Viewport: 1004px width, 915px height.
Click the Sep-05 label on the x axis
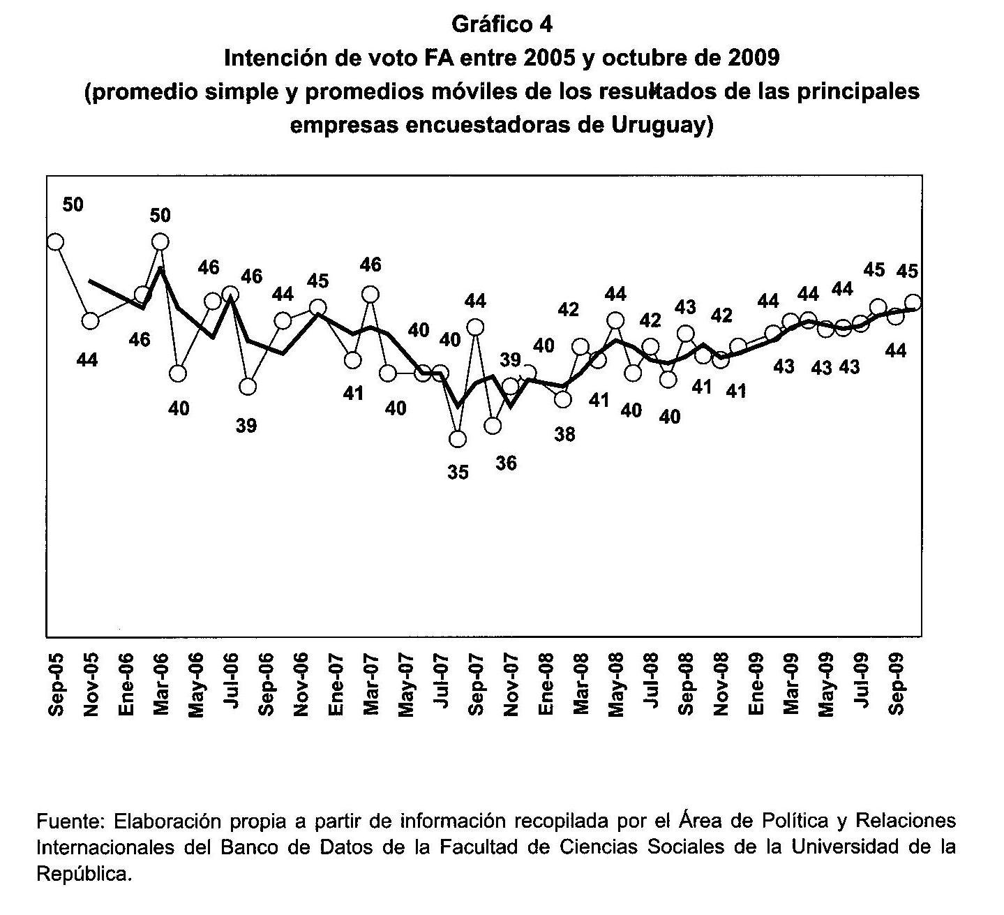coord(56,685)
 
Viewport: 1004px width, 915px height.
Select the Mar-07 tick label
coord(371,685)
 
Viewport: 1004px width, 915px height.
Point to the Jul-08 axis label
coord(652,681)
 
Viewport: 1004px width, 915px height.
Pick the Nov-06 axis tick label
coord(301,685)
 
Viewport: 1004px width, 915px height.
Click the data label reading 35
coord(458,473)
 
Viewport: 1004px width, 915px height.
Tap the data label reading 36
coord(506,463)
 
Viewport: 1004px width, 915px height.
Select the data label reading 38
coord(564,434)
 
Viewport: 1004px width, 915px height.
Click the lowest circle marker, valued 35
coord(458,439)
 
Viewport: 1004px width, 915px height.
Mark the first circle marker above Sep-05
coord(55,242)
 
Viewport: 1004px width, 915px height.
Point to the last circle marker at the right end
coord(913,302)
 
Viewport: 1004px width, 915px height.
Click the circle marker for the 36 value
coord(493,426)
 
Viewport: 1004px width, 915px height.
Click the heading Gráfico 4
coord(502,24)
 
